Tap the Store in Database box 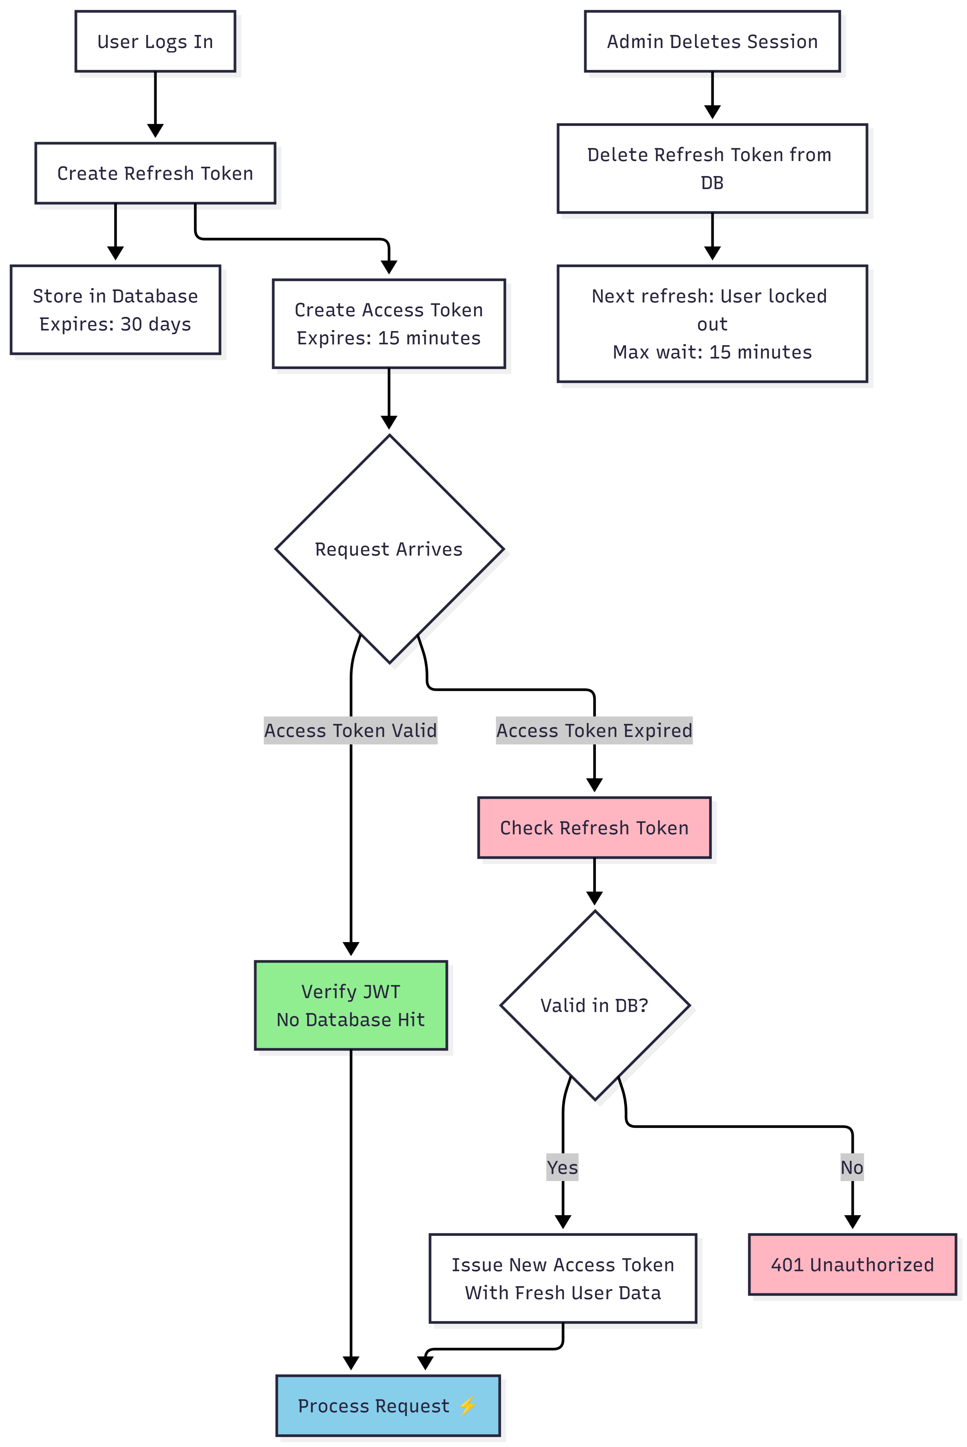point(115,310)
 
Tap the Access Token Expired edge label point(594,731)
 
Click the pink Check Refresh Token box point(594,827)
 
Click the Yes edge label point(562,1167)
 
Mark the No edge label point(852,1167)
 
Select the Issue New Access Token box point(562,1278)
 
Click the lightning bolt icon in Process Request point(467,1406)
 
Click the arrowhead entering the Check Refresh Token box point(594,785)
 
